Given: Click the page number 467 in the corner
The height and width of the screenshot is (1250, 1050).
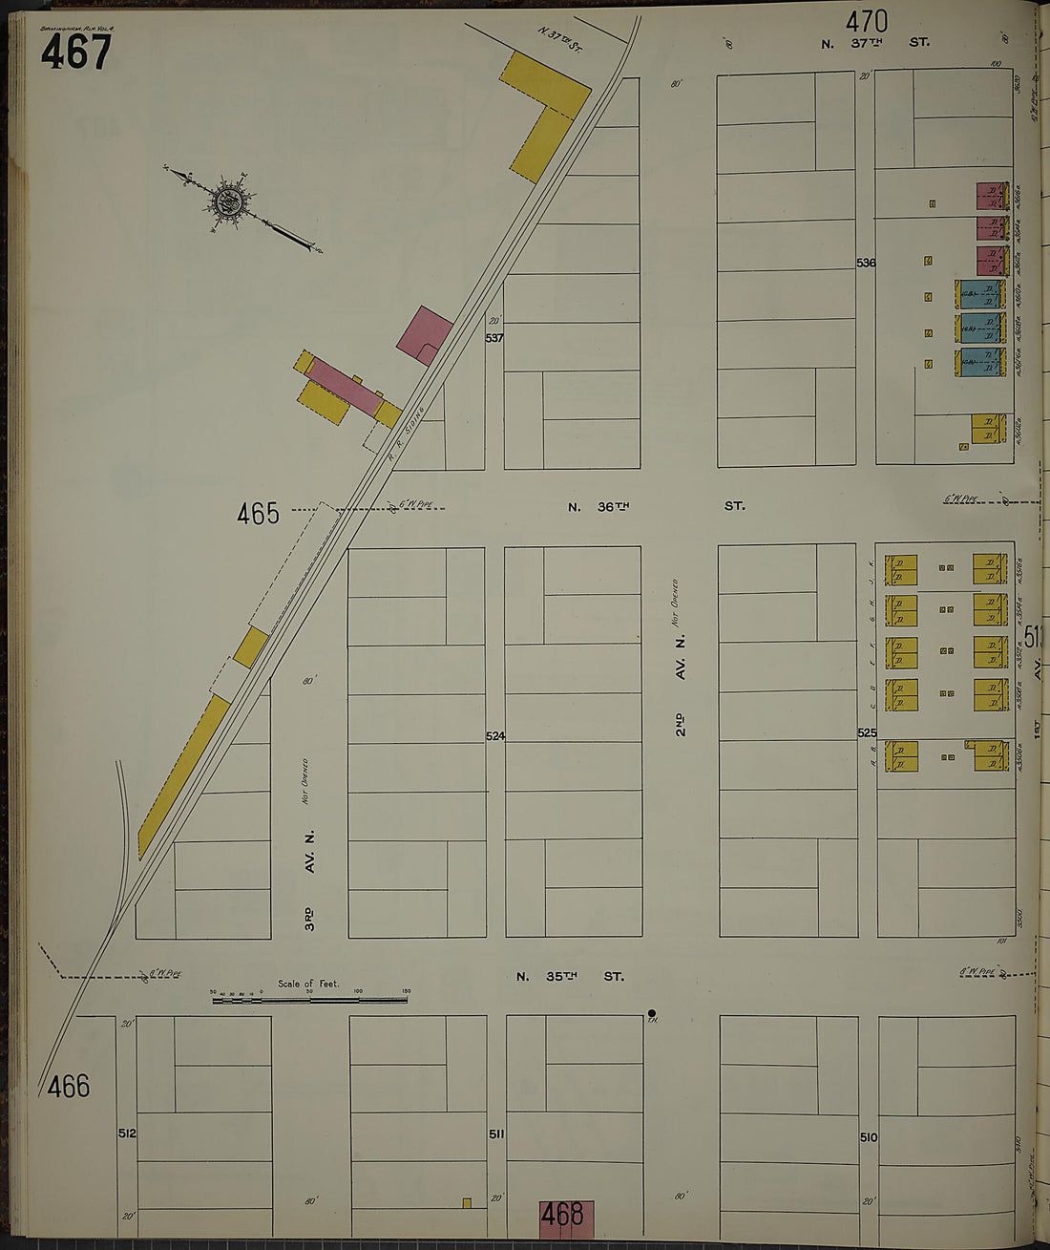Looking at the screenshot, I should (x=75, y=53).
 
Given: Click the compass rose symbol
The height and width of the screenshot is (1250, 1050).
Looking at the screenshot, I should (x=229, y=201).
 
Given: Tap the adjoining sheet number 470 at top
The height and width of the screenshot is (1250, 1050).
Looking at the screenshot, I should (x=867, y=21).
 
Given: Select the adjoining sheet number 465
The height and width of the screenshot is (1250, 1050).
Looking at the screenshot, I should (x=259, y=514).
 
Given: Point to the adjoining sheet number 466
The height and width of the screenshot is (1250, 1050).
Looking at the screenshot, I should (x=69, y=1086).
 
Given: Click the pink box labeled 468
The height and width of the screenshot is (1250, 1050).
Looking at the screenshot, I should (x=567, y=1216).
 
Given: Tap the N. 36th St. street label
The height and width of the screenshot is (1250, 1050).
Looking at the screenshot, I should (x=656, y=506).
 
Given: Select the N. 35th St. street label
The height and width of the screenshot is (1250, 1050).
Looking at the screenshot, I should (x=570, y=976).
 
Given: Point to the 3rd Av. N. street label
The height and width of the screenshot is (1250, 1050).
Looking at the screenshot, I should (x=309, y=879).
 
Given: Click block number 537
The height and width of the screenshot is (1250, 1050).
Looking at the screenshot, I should (x=493, y=338).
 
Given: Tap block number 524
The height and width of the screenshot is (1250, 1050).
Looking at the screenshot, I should (x=494, y=736).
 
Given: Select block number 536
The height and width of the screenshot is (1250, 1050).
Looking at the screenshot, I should (x=866, y=263).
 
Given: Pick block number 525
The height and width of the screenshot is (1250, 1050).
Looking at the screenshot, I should (x=866, y=733).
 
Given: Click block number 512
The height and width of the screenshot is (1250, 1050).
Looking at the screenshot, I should (x=127, y=1133).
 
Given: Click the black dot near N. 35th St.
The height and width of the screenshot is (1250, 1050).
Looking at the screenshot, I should (x=652, y=1013).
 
